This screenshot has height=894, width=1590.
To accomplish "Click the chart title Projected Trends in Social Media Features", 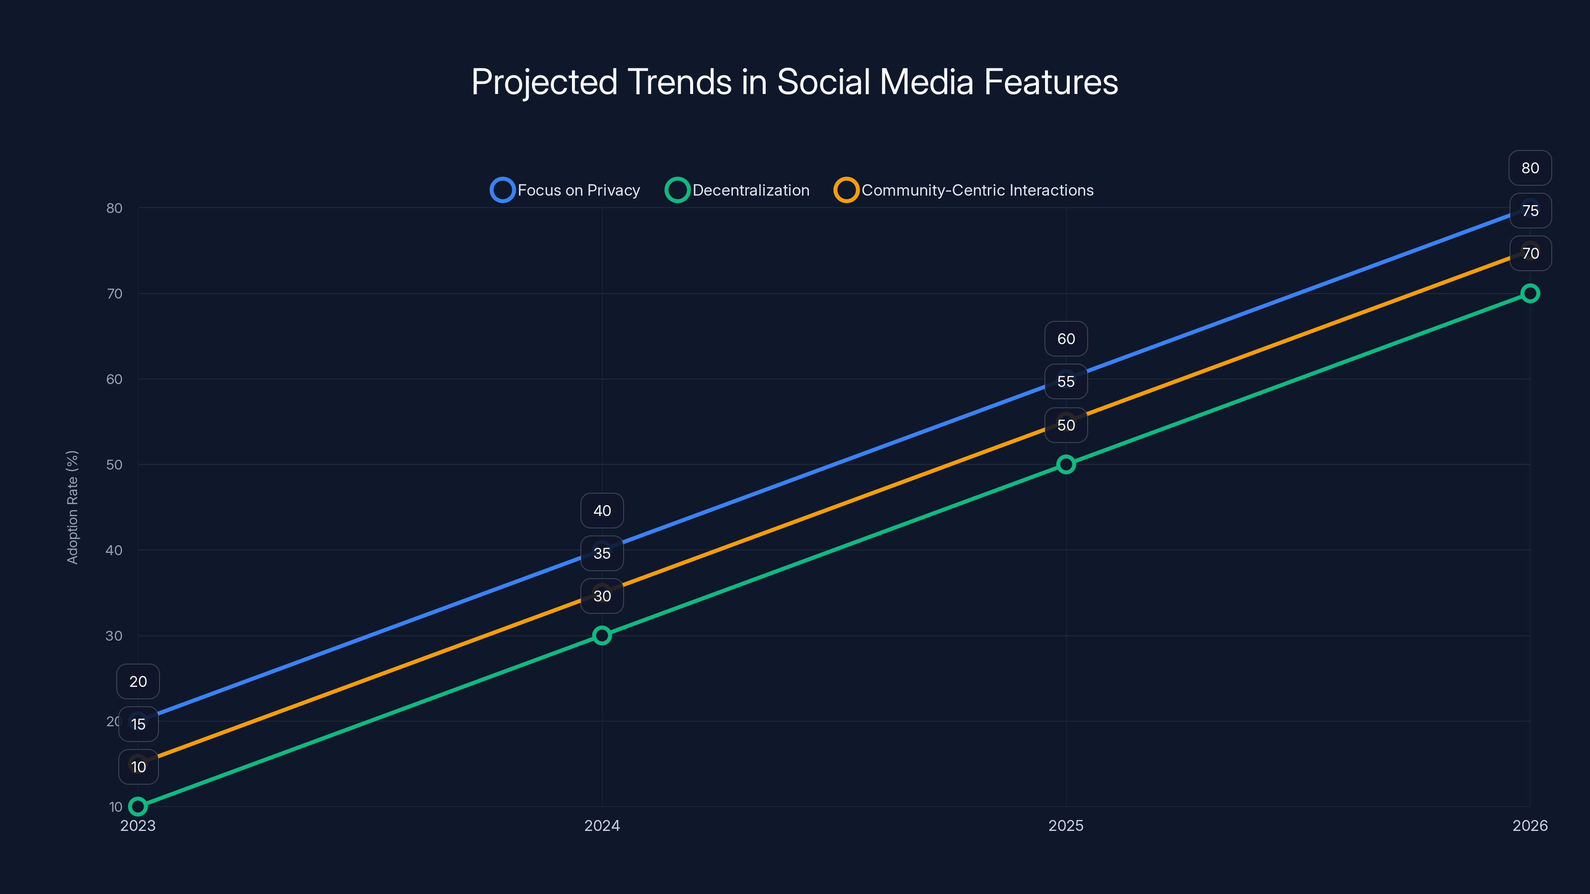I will (795, 82).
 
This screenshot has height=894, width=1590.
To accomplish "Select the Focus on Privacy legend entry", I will (565, 190).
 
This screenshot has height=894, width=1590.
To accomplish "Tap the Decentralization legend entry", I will (737, 190).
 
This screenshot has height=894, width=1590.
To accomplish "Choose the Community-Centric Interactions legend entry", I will (963, 190).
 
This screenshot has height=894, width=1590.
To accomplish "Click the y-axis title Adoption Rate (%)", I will (72, 507).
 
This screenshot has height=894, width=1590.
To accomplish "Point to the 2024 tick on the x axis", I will (602, 825).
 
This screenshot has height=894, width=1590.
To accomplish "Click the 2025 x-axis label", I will (1066, 825).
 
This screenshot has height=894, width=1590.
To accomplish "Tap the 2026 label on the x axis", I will (1529, 825).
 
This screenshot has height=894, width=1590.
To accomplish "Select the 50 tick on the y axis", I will (114, 464).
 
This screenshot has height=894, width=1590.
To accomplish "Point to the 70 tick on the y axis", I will (114, 294).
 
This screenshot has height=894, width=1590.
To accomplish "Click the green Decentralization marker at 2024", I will (602, 636).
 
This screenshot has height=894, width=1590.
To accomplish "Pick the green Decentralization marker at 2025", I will (1066, 464).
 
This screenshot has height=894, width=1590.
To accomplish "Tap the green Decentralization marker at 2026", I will (1529, 294).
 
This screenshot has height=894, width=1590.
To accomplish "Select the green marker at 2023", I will (138, 807).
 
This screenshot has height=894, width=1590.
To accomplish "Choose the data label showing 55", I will (1066, 381).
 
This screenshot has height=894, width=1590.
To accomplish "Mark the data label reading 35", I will (602, 553).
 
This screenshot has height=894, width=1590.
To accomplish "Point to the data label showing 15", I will (138, 724).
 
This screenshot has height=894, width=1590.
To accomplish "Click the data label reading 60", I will (1066, 339).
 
